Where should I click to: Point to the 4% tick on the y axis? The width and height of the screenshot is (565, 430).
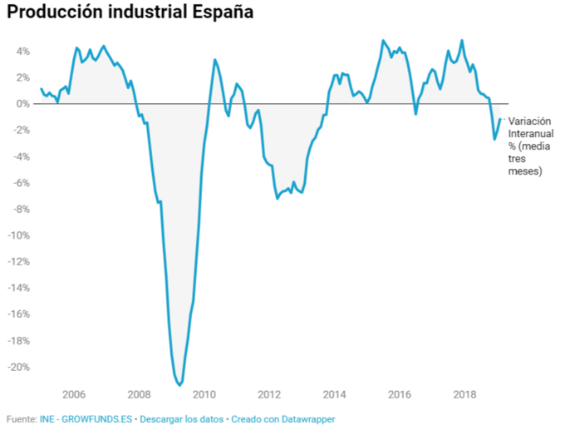coord(22,52)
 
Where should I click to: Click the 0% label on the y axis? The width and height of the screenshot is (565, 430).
coord(22,104)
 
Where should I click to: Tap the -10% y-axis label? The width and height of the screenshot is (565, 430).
coord(19,235)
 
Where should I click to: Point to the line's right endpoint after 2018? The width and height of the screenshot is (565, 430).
coord(500,119)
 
